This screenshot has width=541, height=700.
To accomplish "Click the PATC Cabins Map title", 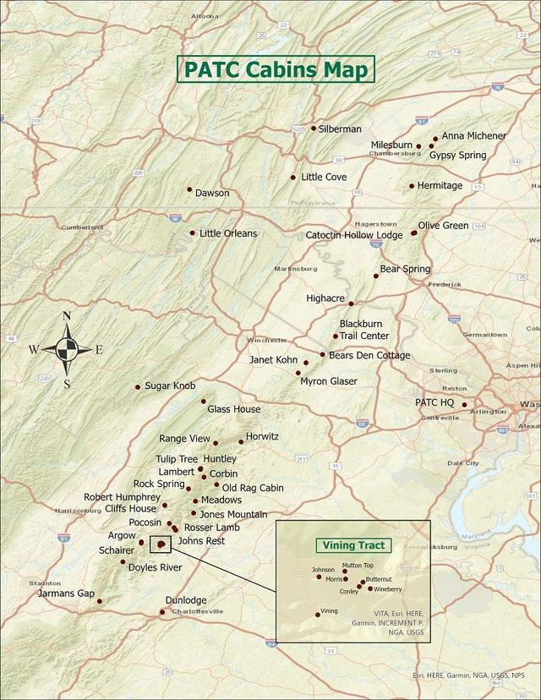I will coord(275,69).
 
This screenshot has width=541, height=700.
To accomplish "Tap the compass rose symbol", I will coord(67,349).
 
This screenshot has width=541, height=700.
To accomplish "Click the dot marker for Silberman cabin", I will coord(314,129).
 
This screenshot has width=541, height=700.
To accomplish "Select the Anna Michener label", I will coord(473,135).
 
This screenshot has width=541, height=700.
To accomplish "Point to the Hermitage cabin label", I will coord(440,185).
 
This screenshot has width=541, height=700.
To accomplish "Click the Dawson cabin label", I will coord(212,193).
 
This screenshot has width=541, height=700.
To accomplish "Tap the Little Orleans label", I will coord(228,233).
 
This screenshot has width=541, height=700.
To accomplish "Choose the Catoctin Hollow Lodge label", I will coord(354,235).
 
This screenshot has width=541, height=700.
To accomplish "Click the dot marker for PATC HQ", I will coord(464,404).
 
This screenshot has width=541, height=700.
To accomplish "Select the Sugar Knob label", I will coord(170,386).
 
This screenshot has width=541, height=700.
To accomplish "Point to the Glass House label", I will coord(234,409).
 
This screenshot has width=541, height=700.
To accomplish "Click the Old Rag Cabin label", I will coord(253,488).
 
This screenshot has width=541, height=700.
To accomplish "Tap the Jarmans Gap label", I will coord(67,593).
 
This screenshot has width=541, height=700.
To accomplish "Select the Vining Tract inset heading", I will coord(350,545).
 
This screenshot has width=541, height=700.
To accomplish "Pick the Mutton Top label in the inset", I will coord(358,565).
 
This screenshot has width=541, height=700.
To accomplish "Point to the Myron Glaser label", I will coord(329,381).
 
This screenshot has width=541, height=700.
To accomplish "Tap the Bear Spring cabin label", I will coord(405,269).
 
